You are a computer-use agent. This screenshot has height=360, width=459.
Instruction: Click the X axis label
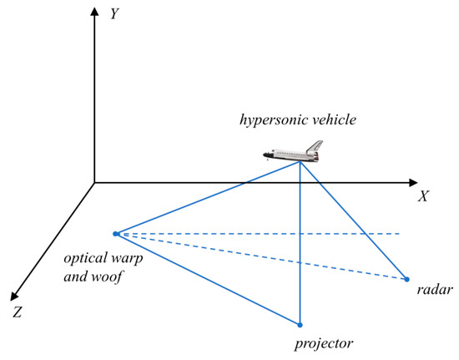[x=423, y=198]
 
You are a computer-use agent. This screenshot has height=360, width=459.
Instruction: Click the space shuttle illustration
[x=291, y=151]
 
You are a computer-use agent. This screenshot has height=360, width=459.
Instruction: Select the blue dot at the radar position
[x=407, y=279]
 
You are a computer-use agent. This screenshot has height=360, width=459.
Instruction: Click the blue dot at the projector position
[x=300, y=324]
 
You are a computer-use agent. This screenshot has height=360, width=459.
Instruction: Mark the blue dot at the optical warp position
[x=115, y=233]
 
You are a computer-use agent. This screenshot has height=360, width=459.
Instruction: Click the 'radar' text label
[x=433, y=291]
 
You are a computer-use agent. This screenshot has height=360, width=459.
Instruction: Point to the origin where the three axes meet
[x=94, y=182]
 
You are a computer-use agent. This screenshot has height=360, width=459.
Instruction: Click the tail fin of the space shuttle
[x=315, y=145]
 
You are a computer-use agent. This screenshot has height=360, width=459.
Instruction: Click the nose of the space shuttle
[x=265, y=155]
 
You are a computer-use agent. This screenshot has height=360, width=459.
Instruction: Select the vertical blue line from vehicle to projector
[x=300, y=251]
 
